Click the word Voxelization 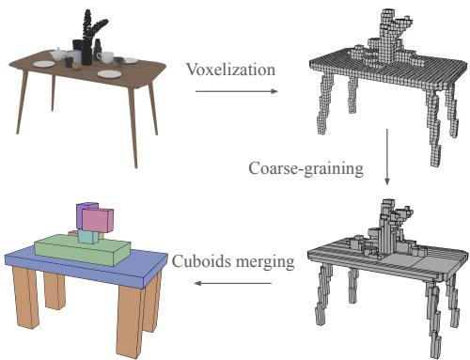point(231,69)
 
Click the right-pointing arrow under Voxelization point(235,91)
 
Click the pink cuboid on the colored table point(97,220)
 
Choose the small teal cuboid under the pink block point(87,237)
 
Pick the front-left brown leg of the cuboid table point(23,296)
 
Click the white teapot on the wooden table point(58,55)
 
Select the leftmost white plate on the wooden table point(43,64)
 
